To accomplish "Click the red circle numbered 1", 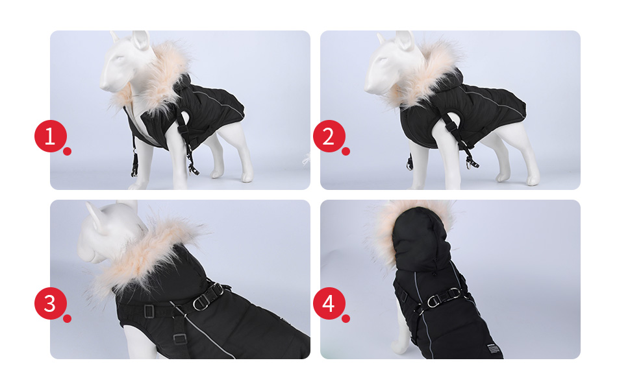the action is tap(50, 136).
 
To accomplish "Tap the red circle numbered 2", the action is tap(329, 136).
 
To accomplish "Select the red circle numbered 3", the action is tap(50, 303).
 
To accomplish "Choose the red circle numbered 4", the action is tap(329, 303).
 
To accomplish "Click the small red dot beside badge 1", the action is tap(67, 151).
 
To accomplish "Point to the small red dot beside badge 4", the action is tap(346, 318).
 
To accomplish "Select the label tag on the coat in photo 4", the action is tap(494, 348).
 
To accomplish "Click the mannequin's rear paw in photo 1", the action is tap(247, 177).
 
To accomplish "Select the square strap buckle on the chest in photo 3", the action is tap(149, 311).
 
